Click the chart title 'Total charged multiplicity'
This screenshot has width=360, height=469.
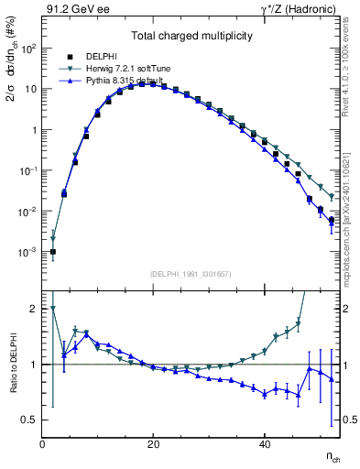(191, 36)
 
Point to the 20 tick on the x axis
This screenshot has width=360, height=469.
(153, 444)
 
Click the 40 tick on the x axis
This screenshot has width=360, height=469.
(265, 444)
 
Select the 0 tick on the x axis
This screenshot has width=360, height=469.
(42, 444)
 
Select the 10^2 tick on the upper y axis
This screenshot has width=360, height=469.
(28, 49)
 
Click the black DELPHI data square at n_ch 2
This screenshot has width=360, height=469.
(53, 252)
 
